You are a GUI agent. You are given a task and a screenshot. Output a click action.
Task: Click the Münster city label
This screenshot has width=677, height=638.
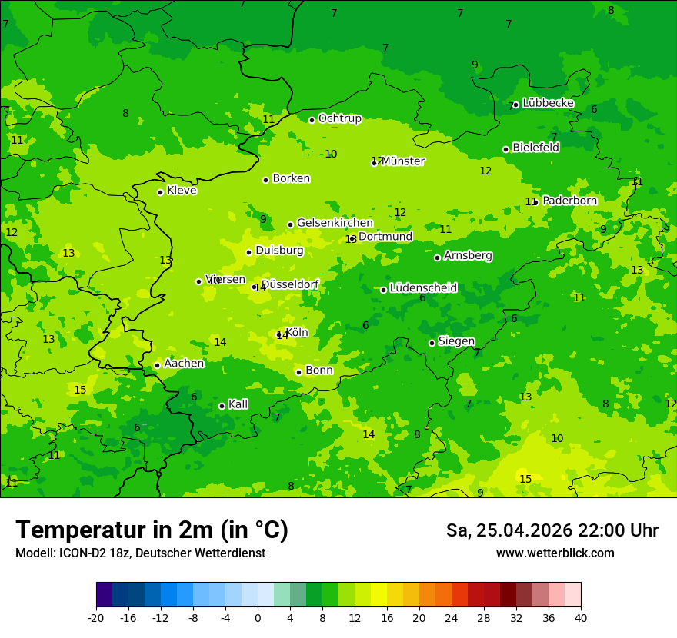click(402, 161)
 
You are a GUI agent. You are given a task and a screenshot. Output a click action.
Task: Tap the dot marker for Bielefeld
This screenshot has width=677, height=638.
click(505, 149)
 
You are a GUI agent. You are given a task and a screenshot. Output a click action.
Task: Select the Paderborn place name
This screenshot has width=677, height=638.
click(569, 201)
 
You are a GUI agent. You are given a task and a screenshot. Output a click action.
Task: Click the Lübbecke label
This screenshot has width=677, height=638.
click(548, 103)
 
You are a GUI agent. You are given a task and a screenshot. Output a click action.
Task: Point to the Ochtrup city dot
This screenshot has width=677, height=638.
click(312, 120)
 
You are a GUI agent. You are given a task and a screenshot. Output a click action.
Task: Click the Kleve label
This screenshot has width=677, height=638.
click(182, 191)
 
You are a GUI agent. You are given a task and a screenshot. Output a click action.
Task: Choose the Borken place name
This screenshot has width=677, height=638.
click(291, 178)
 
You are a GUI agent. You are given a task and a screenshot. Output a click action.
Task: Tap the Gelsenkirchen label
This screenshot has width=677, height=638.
click(335, 223)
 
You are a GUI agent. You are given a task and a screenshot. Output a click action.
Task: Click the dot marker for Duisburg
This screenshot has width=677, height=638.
click(248, 252)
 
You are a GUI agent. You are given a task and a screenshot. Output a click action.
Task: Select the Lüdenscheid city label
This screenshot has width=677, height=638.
click(423, 288)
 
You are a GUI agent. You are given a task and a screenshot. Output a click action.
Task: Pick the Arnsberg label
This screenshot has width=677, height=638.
click(468, 256)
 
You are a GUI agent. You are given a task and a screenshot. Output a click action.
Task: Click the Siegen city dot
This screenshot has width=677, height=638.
click(432, 343)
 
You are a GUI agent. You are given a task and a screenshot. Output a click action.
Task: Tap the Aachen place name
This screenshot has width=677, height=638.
click(184, 364)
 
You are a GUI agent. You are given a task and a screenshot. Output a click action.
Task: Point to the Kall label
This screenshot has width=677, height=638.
click(238, 404)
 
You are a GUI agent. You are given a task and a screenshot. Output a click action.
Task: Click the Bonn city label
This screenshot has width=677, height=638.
click(319, 371)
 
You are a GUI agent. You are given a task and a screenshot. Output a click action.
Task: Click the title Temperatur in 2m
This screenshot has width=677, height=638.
click(152, 530)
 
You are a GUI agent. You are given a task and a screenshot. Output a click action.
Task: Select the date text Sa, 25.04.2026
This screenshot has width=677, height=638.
click(508, 530)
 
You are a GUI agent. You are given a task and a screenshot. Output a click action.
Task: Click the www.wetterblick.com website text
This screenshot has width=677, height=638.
click(555, 553)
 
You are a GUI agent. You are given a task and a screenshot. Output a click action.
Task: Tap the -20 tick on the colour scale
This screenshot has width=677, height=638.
click(96, 617)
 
